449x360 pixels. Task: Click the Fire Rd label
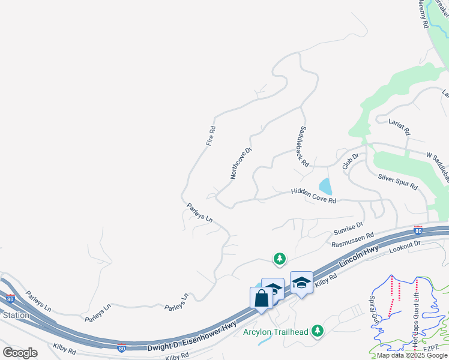pyautogui.click(x=211, y=136)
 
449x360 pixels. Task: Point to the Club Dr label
pyautogui.click(x=350, y=161)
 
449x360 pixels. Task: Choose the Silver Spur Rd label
pyautogui.click(x=397, y=182)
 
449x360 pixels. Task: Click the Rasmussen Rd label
pyautogui.click(x=353, y=240)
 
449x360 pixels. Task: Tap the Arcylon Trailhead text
pyautogui.click(x=276, y=332)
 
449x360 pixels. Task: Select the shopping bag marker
pyautogui.click(x=261, y=297)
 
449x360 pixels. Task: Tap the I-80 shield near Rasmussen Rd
pyautogui.click(x=418, y=230)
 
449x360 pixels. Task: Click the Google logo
pyautogui.click(x=20, y=353)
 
